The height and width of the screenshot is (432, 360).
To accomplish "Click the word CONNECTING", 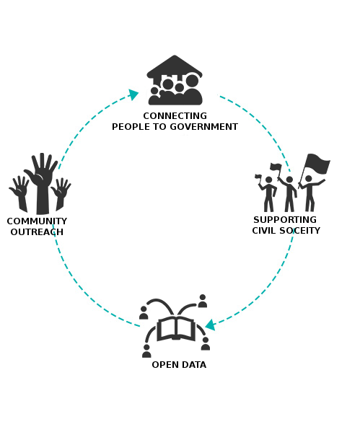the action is (x=175, y=115).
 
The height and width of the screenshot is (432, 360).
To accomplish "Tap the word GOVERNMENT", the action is (x=203, y=127).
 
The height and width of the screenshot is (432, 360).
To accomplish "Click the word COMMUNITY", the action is (x=37, y=221).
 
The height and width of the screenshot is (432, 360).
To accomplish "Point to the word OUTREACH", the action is (x=37, y=232).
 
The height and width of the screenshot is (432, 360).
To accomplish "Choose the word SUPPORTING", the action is (x=285, y=220).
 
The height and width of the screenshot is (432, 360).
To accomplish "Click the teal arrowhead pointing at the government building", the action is (x=133, y=94).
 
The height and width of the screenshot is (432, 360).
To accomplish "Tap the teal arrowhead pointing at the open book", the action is (x=211, y=325).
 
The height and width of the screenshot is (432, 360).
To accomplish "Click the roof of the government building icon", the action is (x=174, y=66).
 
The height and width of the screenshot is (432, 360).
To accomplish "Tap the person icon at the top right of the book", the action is (x=203, y=301).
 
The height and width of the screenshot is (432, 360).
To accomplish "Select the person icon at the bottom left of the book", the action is (x=146, y=351).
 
